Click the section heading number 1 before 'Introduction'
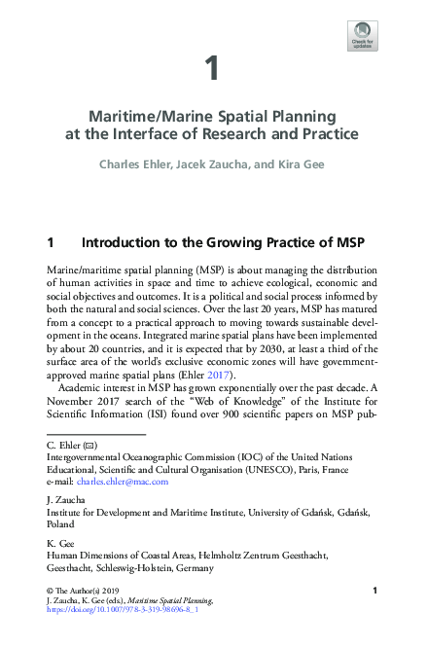[x=51, y=241]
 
